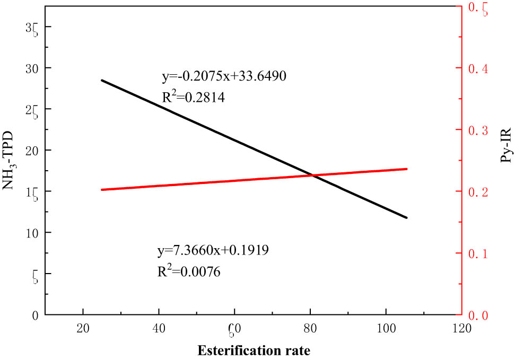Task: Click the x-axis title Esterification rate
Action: [x=254, y=350]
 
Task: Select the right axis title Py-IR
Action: [x=505, y=144]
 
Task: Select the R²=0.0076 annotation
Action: [x=188, y=271]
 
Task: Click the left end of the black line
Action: [x=101, y=80]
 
